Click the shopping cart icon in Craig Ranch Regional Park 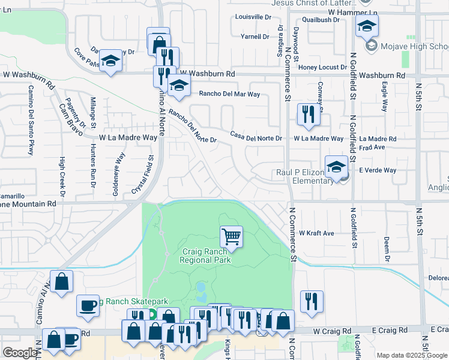(x=231, y=236)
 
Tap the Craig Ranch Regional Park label (x=205, y=256)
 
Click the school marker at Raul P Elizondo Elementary (x=337, y=167)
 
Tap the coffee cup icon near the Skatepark (x=88, y=306)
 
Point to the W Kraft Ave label (x=316, y=233)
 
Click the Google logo (x=20, y=353)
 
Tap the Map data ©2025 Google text (x=411, y=355)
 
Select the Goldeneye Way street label (x=120, y=169)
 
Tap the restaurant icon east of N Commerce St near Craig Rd (x=312, y=302)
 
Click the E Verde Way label (x=378, y=170)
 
